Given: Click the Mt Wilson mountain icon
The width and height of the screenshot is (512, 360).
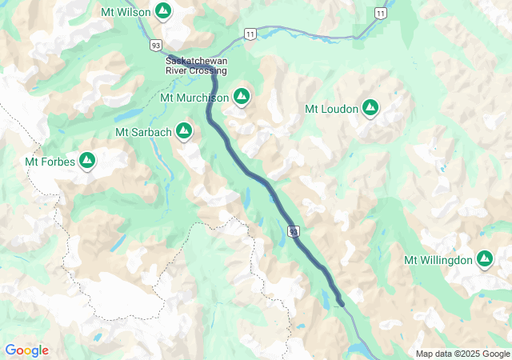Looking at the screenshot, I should coord(163,11).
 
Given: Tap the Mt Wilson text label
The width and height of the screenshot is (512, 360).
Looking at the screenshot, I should coord(126,12).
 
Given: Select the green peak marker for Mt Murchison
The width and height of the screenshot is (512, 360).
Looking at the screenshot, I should coord(242,98).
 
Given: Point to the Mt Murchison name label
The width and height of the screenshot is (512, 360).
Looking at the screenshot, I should coord(194,98).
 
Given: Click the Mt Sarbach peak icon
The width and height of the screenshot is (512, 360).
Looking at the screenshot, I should coord(185,130).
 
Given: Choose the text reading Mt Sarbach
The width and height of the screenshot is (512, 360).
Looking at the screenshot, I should coord(143,131).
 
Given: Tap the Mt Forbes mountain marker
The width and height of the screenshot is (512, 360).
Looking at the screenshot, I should coord(87,162).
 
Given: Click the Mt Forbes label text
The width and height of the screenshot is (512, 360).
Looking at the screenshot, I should coord(50,162).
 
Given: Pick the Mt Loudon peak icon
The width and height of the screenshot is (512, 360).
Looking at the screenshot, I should coord(370,108).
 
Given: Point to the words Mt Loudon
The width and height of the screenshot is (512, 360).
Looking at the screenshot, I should coord(331,109).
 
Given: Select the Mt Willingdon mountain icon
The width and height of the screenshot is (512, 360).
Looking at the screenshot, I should coord(484,259).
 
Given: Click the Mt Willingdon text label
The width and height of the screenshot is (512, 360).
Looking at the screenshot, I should coord(438,260).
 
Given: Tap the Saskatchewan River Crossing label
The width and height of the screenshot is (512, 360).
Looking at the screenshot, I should coord(196,66).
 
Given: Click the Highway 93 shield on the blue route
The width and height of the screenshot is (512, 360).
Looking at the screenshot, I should coord(295,231).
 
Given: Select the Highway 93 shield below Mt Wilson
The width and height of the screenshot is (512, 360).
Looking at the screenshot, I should coord(156,44).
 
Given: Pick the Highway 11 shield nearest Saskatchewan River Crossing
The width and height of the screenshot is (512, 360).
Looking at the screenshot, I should coord(250,33).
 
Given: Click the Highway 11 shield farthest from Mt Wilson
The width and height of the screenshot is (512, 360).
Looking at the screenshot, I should coord(381,14).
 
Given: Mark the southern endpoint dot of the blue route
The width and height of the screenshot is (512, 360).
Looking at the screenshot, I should coord(341,302).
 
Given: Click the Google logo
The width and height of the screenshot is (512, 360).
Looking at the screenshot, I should coord(26,350).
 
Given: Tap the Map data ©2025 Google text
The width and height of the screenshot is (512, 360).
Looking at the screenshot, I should coord(462,354).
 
